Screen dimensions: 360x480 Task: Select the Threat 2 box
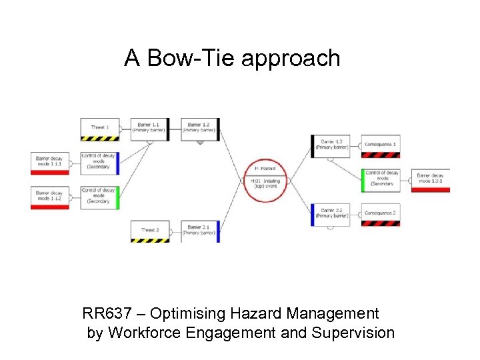click(x=150, y=231)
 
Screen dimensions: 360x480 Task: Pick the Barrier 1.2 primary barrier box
click(x=199, y=128)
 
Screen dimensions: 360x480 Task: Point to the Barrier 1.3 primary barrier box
click(x=331, y=145)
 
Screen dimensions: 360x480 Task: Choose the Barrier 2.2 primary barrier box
click(x=331, y=213)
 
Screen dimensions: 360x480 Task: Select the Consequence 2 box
click(x=381, y=214)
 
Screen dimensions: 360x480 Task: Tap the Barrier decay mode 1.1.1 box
click(x=49, y=162)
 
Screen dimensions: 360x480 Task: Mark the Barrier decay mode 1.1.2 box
click(x=49, y=197)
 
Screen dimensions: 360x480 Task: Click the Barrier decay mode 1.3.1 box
click(x=431, y=179)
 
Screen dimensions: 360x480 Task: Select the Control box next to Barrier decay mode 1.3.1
click(x=381, y=179)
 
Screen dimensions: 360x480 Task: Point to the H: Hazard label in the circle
click(x=265, y=169)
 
